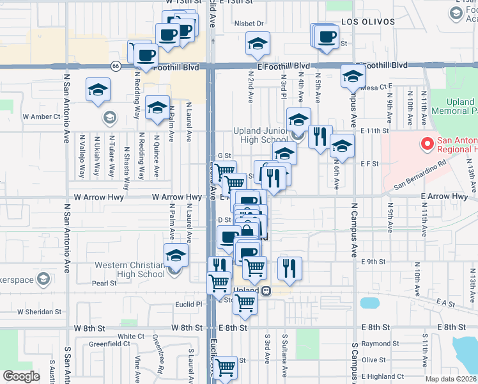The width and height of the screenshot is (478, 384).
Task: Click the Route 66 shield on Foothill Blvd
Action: (116, 65)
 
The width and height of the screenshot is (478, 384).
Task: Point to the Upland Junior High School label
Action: (261, 136)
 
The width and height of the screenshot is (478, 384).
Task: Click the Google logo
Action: (21, 376)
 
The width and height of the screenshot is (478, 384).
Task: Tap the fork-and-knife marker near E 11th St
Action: (320, 136)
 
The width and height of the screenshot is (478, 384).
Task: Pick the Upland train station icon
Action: (266, 291)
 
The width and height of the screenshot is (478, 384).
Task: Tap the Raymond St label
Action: (376, 344)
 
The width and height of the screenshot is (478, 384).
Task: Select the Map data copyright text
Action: (452, 379)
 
